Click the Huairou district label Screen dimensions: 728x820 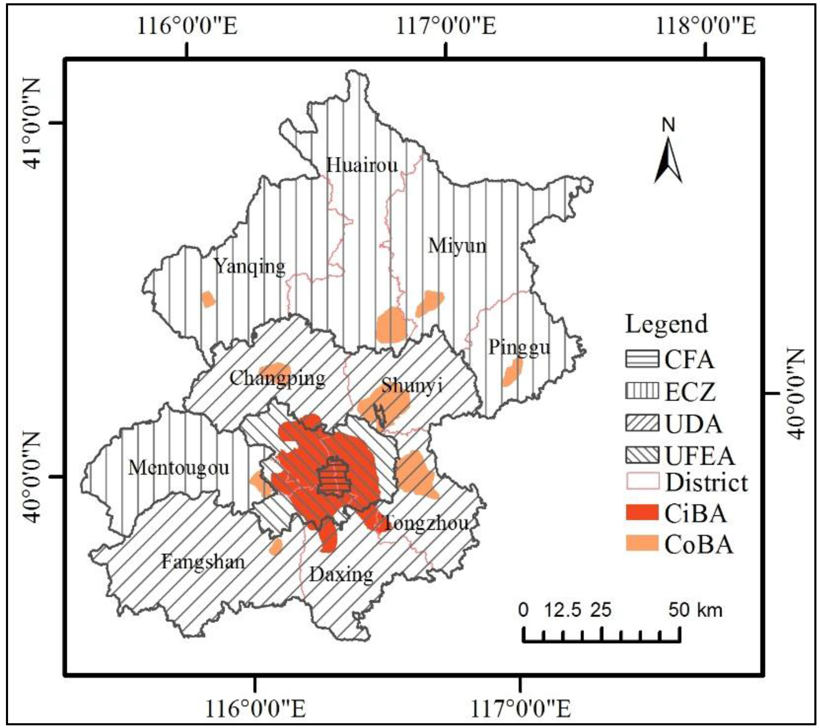[x=362, y=165]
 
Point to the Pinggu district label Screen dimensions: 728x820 [x=519, y=347]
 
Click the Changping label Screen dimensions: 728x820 [x=277, y=378]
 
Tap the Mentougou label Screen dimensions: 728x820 [x=179, y=468]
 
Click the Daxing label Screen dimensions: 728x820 [x=341, y=575]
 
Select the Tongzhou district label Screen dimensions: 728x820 [x=426, y=523]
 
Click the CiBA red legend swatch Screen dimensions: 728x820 [x=642, y=513]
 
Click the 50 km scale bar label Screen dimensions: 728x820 [x=695, y=610]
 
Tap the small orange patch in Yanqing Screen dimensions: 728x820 [x=208, y=299]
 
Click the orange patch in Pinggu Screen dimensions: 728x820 [x=512, y=372]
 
